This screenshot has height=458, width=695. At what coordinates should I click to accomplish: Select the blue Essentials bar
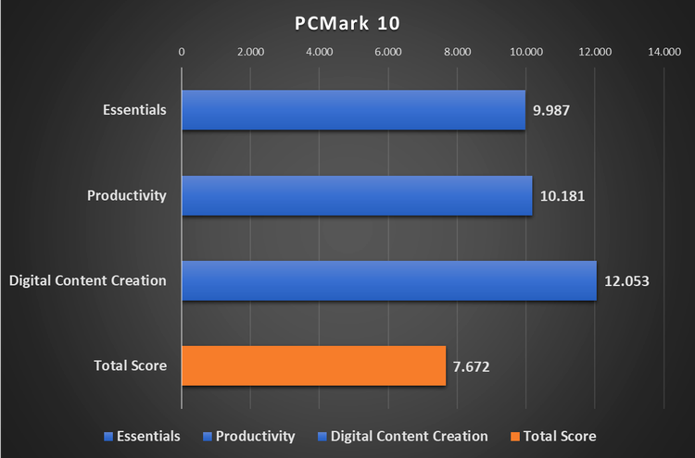(353, 110)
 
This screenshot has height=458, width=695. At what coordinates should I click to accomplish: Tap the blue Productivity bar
(357, 195)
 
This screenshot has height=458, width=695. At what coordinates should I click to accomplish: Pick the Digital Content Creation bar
(389, 280)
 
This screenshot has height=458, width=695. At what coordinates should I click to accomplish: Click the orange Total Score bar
(313, 365)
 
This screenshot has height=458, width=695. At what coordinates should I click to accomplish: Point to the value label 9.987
(550, 110)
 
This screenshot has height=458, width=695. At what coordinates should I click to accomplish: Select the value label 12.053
(625, 280)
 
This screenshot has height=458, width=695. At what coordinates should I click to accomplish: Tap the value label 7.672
(471, 365)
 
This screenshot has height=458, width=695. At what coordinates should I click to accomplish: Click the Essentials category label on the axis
(135, 110)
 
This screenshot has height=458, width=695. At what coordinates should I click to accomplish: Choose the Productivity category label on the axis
(127, 195)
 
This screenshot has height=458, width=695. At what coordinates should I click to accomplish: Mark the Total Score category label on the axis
(131, 365)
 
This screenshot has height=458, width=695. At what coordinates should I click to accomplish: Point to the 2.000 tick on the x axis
(250, 53)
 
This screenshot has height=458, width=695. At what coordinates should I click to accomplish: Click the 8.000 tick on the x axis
(458, 53)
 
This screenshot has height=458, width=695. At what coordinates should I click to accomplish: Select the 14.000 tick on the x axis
(664, 53)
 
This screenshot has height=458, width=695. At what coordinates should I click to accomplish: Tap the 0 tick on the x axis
(182, 53)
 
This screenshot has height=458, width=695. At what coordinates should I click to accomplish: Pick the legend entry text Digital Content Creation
(409, 436)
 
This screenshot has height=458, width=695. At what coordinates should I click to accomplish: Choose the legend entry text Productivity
(255, 436)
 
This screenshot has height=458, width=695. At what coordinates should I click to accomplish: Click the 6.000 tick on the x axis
(388, 53)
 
